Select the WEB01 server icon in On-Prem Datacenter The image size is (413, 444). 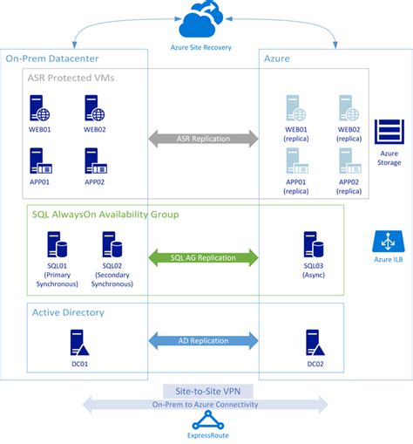39,108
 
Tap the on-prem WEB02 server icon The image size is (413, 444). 95,108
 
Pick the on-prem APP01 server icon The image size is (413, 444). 41,161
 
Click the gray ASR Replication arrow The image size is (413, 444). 203,139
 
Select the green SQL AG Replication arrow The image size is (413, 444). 203,257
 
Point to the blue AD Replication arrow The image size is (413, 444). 203,340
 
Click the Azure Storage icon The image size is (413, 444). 389,132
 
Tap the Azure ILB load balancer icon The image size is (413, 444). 389,242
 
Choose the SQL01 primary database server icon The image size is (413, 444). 58,244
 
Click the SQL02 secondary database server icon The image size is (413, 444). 112,244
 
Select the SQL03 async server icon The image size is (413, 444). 314,244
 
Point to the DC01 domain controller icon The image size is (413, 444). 79,343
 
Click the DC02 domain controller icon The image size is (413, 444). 315,343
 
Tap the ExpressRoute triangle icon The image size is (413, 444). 208,420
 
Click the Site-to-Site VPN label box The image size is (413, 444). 208,392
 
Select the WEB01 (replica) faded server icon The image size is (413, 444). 296,108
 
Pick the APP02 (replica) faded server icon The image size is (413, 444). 350,161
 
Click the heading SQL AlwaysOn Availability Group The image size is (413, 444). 105,215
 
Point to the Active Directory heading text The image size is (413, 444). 68,312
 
